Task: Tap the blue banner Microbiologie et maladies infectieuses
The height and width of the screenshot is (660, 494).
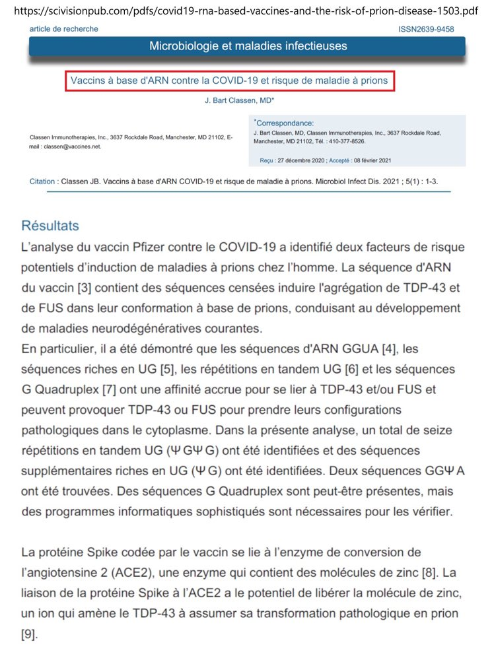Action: click(248, 46)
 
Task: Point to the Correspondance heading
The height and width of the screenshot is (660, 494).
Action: click(285, 123)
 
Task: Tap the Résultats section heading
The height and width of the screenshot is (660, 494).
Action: click(50, 226)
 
